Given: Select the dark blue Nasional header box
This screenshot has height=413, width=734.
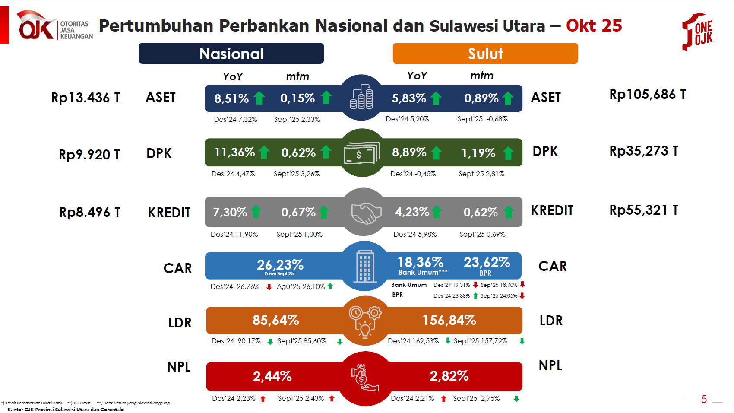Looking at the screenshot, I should click(x=231, y=54).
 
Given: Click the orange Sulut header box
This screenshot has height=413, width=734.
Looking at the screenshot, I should click(x=485, y=54).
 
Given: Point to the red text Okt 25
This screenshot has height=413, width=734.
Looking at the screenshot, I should click(x=594, y=26).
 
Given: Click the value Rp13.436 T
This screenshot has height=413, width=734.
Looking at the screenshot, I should click(x=85, y=98).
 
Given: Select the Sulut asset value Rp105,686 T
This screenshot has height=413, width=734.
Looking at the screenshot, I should click(x=647, y=94).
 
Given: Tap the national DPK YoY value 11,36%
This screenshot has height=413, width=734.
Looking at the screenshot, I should click(x=234, y=152).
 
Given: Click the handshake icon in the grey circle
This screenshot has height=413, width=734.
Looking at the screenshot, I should click(x=366, y=213).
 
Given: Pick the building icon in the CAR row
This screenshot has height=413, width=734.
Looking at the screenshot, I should click(x=365, y=266).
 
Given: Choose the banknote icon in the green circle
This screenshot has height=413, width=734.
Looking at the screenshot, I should click(x=361, y=153).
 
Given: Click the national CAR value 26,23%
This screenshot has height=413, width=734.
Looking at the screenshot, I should click(x=280, y=264).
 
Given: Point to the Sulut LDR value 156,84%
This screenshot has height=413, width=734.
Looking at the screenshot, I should click(x=449, y=320).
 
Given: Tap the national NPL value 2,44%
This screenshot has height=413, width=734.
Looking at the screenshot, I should click(x=272, y=376).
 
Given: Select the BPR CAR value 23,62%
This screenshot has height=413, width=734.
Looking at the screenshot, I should click(x=487, y=262).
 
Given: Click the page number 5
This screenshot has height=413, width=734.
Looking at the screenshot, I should click(x=704, y=399).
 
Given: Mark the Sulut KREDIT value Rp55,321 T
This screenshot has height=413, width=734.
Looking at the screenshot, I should click(x=643, y=210).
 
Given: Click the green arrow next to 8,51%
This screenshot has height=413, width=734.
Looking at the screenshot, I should click(x=259, y=98).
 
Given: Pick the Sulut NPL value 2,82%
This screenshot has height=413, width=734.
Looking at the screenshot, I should click(x=449, y=376).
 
